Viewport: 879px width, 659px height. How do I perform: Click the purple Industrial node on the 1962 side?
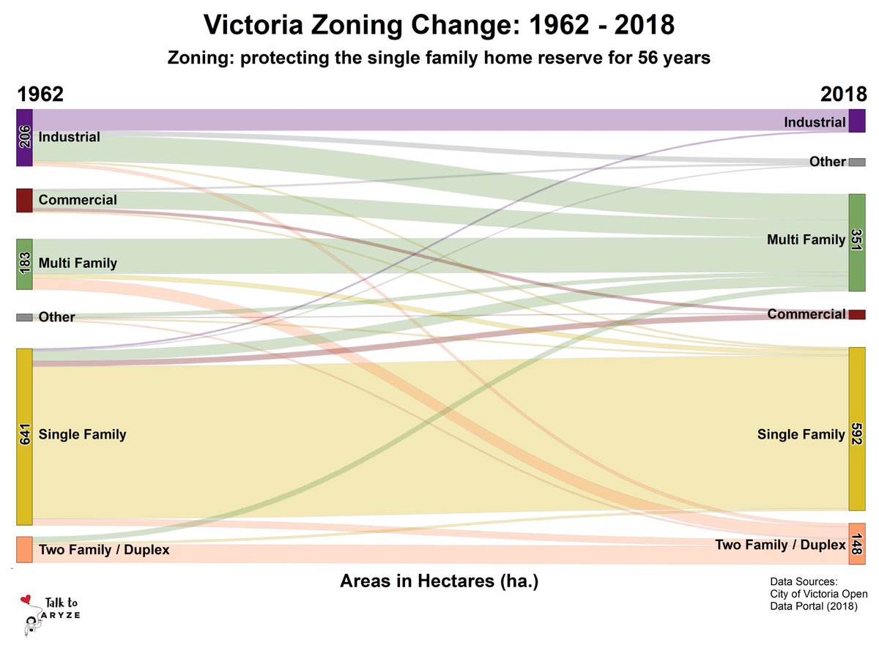24,138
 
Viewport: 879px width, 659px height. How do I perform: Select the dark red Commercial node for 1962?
24,201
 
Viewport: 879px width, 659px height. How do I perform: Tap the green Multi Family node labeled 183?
24,264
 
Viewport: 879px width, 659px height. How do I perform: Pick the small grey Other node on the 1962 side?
24,317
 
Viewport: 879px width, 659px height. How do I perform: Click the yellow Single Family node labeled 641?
24,436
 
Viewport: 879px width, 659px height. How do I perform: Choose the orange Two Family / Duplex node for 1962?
24,549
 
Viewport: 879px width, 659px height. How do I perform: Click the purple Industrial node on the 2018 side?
857,121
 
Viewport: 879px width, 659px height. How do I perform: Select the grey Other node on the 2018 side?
857,162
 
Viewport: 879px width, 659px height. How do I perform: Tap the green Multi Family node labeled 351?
857,242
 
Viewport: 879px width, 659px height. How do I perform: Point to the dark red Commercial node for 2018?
857,314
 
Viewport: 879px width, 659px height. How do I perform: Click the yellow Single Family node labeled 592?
857,429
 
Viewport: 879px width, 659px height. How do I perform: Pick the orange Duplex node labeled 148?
857,543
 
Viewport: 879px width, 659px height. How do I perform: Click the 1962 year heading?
40,95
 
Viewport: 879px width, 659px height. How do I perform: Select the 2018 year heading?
843,95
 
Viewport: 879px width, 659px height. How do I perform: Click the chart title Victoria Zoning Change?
439,26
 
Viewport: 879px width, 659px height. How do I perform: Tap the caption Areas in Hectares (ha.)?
439,581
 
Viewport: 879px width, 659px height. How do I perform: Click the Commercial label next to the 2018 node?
806,314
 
